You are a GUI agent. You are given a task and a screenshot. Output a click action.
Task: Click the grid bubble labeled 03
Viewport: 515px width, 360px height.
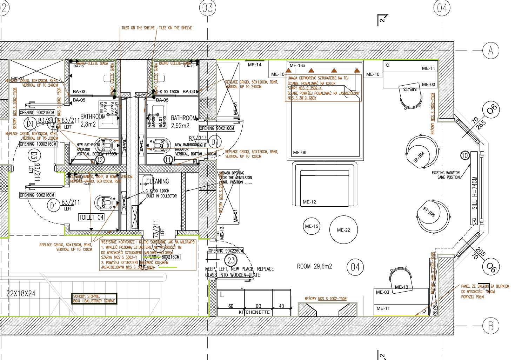point(207,7)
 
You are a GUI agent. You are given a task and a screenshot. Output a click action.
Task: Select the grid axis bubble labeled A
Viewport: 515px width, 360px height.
point(490,51)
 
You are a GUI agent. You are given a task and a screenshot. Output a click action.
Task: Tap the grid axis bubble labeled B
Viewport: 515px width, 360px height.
point(490,326)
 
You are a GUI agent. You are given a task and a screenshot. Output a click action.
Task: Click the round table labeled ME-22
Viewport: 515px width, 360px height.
point(343,230)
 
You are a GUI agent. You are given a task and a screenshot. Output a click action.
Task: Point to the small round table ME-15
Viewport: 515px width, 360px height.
point(311,226)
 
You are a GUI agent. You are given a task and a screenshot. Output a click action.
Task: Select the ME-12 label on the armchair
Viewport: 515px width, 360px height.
point(309,202)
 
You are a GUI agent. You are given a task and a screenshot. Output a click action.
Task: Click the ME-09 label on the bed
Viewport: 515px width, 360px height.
point(300,153)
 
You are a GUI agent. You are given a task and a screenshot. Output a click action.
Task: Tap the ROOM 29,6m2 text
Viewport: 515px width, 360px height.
point(314,266)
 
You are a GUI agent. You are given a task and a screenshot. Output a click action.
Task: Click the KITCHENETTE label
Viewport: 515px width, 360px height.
point(254,312)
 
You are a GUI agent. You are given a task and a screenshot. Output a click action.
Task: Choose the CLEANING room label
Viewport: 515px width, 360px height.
point(158,181)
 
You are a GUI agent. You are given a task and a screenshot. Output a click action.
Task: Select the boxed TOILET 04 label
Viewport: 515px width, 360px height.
point(91,218)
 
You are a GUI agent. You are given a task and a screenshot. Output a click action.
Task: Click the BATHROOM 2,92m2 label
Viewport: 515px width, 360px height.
point(183,122)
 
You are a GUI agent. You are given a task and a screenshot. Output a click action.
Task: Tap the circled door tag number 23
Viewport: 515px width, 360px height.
point(231,261)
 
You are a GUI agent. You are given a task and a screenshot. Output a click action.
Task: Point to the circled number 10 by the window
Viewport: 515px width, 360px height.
point(465,155)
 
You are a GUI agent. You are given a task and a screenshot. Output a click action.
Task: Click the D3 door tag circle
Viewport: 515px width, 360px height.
point(34,155)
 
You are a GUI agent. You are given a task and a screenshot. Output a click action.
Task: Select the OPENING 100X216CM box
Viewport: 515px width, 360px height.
point(38,144)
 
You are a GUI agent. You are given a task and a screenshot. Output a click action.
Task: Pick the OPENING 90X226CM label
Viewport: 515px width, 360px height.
point(226,251)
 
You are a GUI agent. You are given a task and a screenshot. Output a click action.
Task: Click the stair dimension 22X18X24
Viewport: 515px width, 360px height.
point(21,293)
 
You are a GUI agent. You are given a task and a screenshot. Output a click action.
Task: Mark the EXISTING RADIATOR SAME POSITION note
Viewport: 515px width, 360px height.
point(446,175)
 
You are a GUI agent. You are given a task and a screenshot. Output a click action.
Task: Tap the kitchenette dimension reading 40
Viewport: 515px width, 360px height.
point(281,306)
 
